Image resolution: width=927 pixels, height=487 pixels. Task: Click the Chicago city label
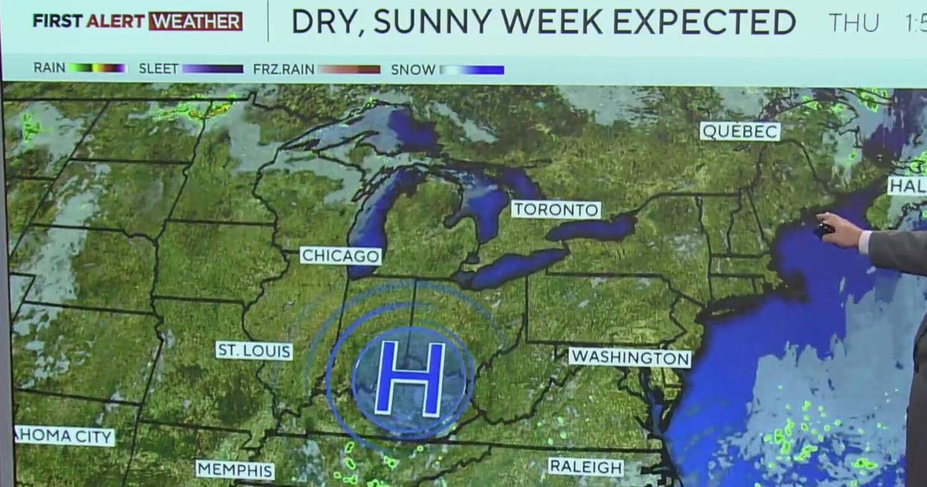(x=341, y=256)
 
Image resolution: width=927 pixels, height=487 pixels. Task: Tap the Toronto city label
(x=555, y=209)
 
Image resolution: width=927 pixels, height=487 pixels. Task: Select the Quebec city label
(x=739, y=131)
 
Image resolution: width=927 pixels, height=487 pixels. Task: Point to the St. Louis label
(x=254, y=351)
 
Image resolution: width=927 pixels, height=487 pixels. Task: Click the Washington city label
(x=630, y=358)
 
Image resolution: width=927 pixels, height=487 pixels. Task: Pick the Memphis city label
(x=235, y=470)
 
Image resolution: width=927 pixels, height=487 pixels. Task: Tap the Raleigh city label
(x=586, y=467)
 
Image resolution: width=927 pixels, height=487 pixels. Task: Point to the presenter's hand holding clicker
(x=838, y=230)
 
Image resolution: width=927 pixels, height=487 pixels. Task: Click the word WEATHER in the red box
(x=195, y=22)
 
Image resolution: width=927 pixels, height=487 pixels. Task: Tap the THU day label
(x=854, y=23)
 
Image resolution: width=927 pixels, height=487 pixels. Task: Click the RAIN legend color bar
(x=97, y=69)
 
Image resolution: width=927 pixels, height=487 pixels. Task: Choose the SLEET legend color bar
(x=213, y=69)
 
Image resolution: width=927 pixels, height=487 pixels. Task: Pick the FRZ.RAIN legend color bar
(x=349, y=69)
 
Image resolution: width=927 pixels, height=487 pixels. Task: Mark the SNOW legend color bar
(x=472, y=70)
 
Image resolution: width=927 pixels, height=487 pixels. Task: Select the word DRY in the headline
(x=327, y=22)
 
